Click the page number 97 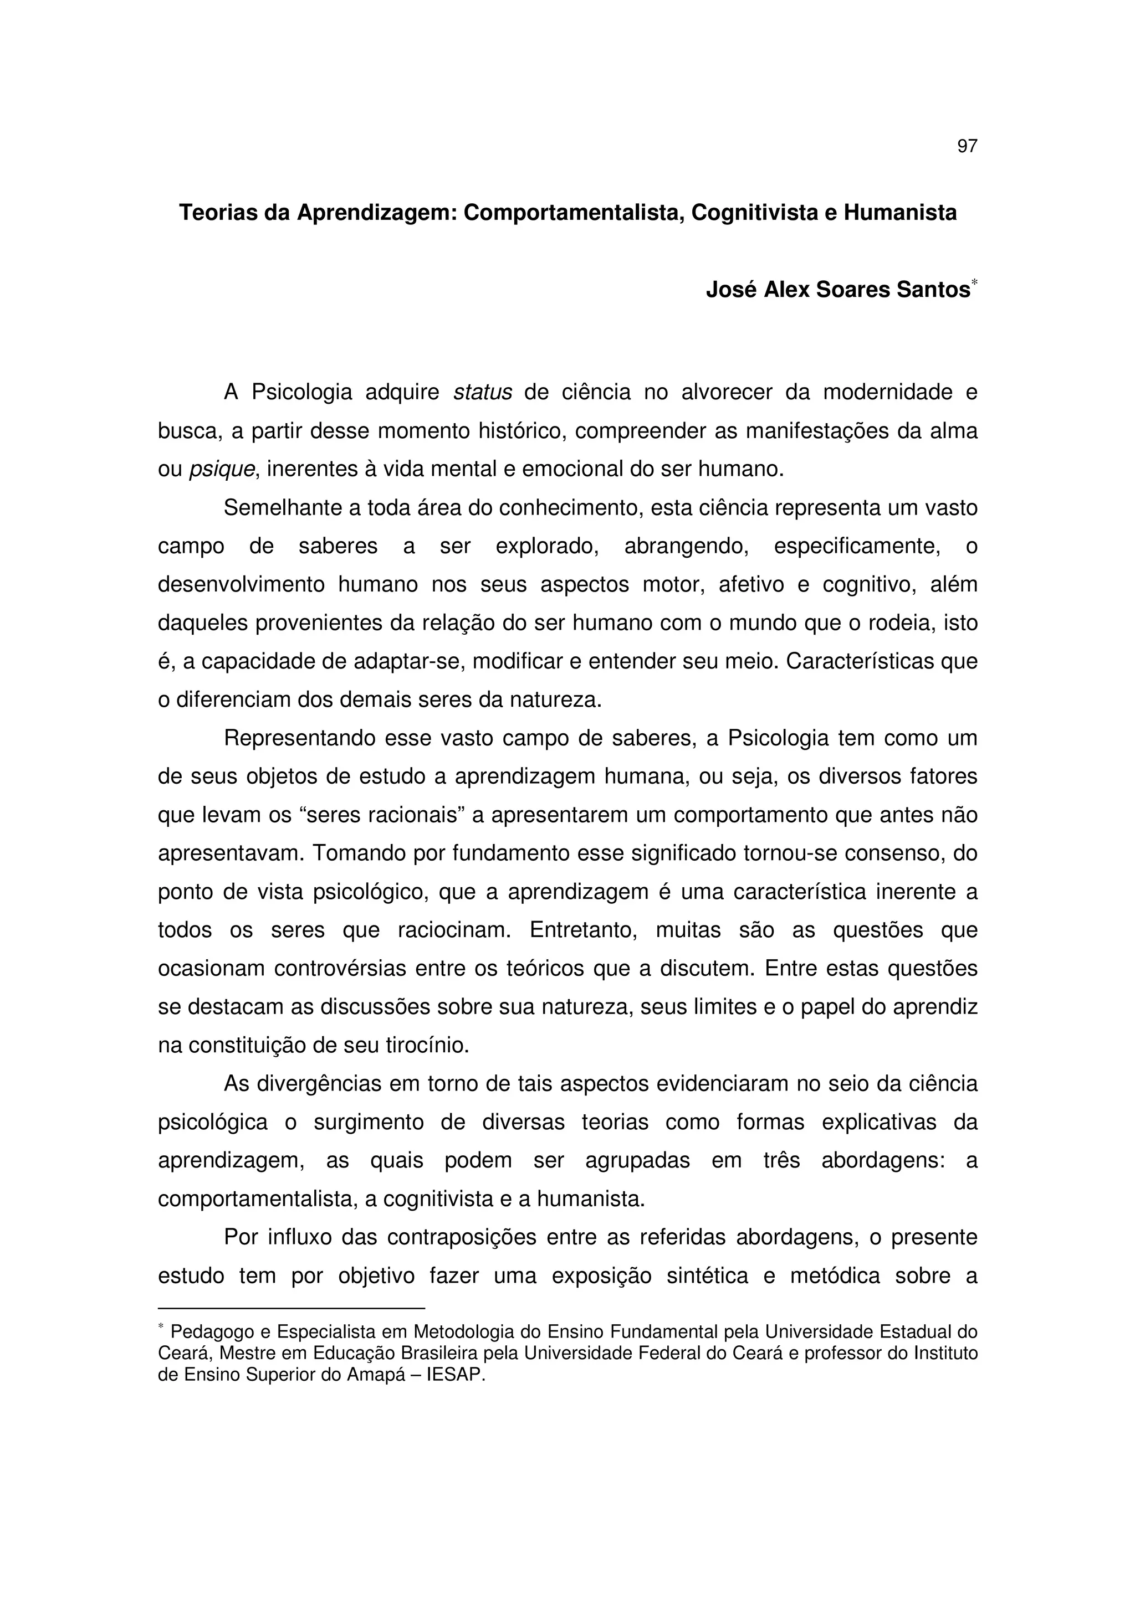[x=967, y=146]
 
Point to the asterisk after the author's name [x=974, y=282]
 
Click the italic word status [x=483, y=393]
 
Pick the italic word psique [x=222, y=469]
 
